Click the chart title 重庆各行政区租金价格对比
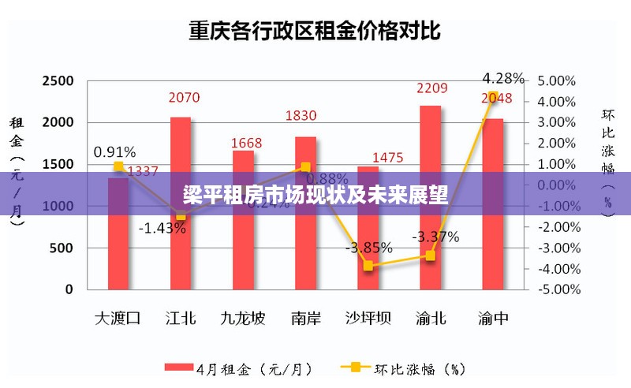pyautogui.click(x=315, y=32)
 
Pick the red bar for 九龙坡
pyautogui.click(x=243, y=237)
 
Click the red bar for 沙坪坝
pyautogui.click(x=368, y=237)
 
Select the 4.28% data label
pyautogui.click(x=503, y=78)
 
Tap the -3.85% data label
pyautogui.click(x=368, y=248)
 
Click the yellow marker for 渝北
pyautogui.click(x=431, y=256)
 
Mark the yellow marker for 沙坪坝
pyautogui.click(x=368, y=266)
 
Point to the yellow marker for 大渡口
pyautogui.click(x=118, y=166)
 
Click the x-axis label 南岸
pyautogui.click(x=305, y=319)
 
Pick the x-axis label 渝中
pyautogui.click(x=493, y=319)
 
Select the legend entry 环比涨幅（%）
pyautogui.click(x=402, y=368)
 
